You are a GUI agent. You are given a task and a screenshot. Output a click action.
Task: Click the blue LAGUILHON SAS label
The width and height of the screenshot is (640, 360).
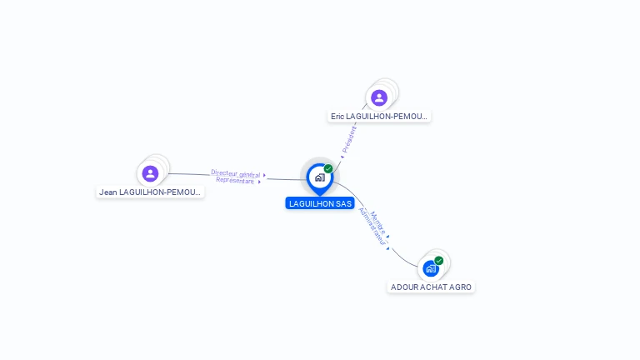(x=320, y=203)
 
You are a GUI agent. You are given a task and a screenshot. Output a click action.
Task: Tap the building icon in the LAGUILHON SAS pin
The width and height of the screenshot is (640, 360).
(x=319, y=177)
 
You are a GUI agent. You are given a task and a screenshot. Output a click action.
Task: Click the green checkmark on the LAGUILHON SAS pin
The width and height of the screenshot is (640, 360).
(x=328, y=169)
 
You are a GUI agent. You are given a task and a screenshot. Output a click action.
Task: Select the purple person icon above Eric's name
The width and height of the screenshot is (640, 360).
(x=379, y=97)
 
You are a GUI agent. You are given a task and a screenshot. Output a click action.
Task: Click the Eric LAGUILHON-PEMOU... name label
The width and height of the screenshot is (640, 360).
(x=379, y=117)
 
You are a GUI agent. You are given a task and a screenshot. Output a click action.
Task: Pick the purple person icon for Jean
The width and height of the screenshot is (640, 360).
(x=150, y=173)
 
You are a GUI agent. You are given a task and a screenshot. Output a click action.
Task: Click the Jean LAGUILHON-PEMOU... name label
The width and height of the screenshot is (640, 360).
(x=150, y=192)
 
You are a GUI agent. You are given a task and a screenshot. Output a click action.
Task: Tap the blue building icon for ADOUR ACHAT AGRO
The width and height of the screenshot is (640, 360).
(x=430, y=268)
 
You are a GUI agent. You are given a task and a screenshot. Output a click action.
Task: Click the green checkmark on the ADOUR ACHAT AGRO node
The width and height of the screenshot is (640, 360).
(x=439, y=261)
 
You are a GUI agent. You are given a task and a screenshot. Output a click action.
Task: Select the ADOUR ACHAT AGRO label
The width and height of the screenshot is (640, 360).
(x=432, y=287)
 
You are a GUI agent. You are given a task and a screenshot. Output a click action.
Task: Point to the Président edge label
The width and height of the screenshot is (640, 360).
(x=350, y=138)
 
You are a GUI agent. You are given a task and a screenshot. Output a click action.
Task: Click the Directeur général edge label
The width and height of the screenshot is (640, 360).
(x=235, y=173)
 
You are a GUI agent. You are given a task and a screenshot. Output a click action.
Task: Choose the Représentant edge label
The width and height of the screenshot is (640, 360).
(x=234, y=180)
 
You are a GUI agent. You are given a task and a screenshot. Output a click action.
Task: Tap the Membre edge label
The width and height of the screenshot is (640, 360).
(x=378, y=221)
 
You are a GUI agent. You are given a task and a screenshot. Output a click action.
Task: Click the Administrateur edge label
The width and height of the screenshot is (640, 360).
(x=372, y=226)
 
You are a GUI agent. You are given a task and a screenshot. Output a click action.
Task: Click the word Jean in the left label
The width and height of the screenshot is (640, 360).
(x=107, y=192)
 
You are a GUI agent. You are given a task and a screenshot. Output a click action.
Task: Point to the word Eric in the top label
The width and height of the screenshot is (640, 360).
(x=337, y=117)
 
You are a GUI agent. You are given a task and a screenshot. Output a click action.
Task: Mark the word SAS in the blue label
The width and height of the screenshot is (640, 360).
(x=343, y=203)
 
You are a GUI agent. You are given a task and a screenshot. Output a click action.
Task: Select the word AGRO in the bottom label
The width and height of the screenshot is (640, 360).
(x=460, y=287)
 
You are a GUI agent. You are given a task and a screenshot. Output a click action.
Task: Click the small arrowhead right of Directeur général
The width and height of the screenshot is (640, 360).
(x=264, y=175)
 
